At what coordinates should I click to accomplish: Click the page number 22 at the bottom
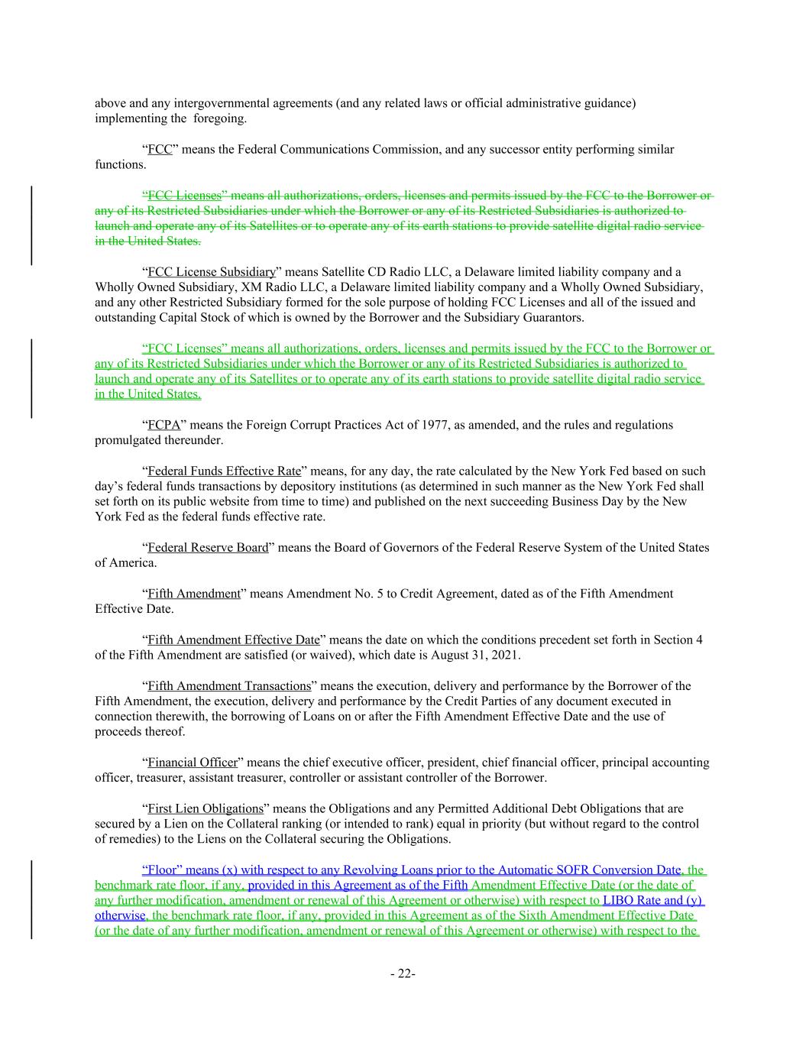(x=402, y=973)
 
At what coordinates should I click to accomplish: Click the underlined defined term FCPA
(x=163, y=425)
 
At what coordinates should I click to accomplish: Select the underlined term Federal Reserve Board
(x=208, y=547)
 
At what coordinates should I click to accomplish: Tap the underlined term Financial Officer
(x=193, y=762)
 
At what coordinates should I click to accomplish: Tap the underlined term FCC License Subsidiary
(x=212, y=272)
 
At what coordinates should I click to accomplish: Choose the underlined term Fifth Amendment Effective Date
(x=233, y=640)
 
